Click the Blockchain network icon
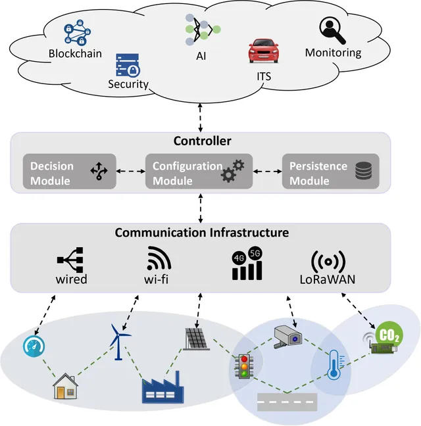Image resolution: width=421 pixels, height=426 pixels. click(x=78, y=32)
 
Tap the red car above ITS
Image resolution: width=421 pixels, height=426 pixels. click(x=264, y=51)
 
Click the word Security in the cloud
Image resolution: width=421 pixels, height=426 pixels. click(x=128, y=84)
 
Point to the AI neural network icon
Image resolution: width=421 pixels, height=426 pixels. click(x=203, y=30)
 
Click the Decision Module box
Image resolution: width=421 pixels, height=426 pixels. click(x=70, y=172)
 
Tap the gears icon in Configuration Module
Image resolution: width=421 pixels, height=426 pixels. click(x=232, y=171)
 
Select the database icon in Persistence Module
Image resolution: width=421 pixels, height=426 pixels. click(x=363, y=171)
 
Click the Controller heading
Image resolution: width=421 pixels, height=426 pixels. click(x=202, y=141)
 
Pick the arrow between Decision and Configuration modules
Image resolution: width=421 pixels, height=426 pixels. click(x=131, y=171)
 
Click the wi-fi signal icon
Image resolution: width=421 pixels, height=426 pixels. click(x=159, y=258)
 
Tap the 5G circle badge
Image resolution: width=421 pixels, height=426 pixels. click(x=255, y=254)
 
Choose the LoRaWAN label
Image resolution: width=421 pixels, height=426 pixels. click(x=328, y=279)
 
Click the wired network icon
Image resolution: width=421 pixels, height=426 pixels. click(x=70, y=260)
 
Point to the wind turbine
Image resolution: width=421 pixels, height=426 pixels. click(x=119, y=342)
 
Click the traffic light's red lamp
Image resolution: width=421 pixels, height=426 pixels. click(x=244, y=360)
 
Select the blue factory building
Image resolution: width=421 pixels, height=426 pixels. click(x=162, y=387)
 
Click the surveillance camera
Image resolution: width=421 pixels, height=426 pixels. click(x=287, y=337)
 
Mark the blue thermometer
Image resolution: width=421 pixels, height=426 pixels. click(x=335, y=365)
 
